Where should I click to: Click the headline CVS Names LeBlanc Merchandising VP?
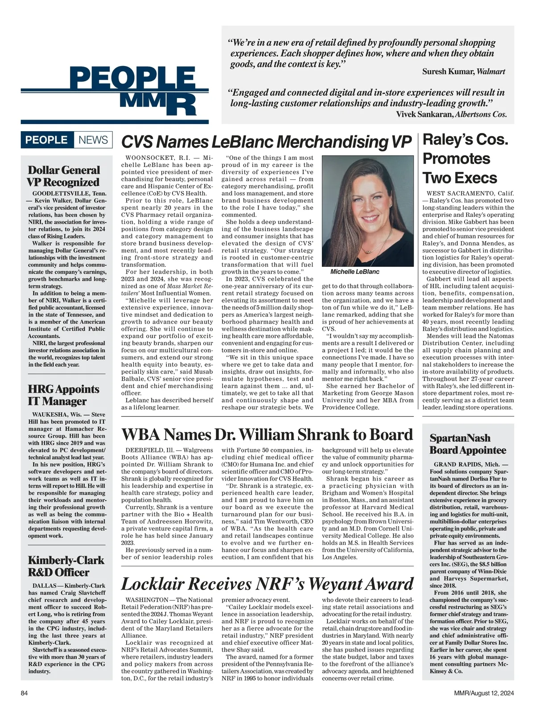[x=266, y=142]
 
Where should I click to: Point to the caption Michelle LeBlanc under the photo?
[x=355, y=271]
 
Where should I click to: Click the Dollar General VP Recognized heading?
[x=64, y=176]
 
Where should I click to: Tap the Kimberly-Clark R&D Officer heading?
[x=66, y=566]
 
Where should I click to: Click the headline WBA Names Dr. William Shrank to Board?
[x=267, y=434]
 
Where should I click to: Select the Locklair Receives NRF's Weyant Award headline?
[x=267, y=584]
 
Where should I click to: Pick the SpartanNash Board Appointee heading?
[x=468, y=444]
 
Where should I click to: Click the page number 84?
[x=25, y=693]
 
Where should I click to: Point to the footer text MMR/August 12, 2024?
[x=484, y=693]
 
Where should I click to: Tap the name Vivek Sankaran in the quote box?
[x=424, y=114]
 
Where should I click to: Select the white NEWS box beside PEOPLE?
[x=93, y=140]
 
